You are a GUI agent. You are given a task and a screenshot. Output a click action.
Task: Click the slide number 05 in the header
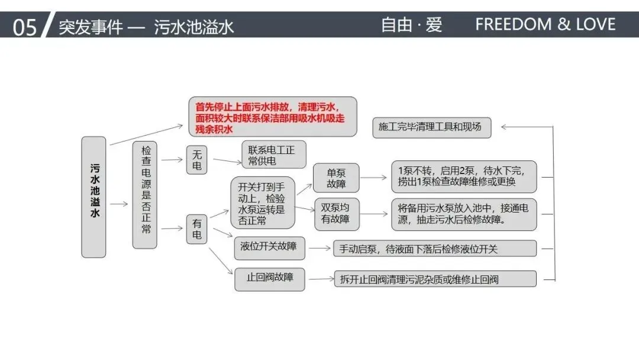[25, 27]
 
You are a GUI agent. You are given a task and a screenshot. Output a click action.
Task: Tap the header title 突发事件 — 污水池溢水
[146, 27]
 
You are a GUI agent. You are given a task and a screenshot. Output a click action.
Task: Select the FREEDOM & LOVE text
[546, 24]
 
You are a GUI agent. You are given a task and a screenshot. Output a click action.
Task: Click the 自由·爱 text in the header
[411, 25]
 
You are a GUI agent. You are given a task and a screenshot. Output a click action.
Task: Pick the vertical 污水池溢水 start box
[93, 197]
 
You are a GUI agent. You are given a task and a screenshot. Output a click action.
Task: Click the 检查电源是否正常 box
[144, 195]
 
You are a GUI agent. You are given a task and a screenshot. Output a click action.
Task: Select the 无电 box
[197, 160]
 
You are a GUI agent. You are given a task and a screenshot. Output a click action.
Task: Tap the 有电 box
[197, 229]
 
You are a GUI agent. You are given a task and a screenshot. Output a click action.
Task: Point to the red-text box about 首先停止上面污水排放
[273, 117]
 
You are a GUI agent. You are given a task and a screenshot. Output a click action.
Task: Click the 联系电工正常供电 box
[271, 155]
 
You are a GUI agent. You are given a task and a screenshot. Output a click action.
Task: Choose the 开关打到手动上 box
[262, 202]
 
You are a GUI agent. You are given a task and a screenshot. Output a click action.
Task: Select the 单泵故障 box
[336, 178]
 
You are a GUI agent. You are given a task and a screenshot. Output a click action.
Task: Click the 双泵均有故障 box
[336, 213]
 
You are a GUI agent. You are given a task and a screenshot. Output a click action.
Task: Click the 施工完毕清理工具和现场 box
[431, 127]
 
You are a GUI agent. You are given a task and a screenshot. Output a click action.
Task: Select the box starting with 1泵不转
[463, 176]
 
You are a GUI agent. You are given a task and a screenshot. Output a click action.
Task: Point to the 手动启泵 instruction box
[435, 249]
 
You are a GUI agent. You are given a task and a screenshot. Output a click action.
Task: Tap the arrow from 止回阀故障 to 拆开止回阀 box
[321, 279]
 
